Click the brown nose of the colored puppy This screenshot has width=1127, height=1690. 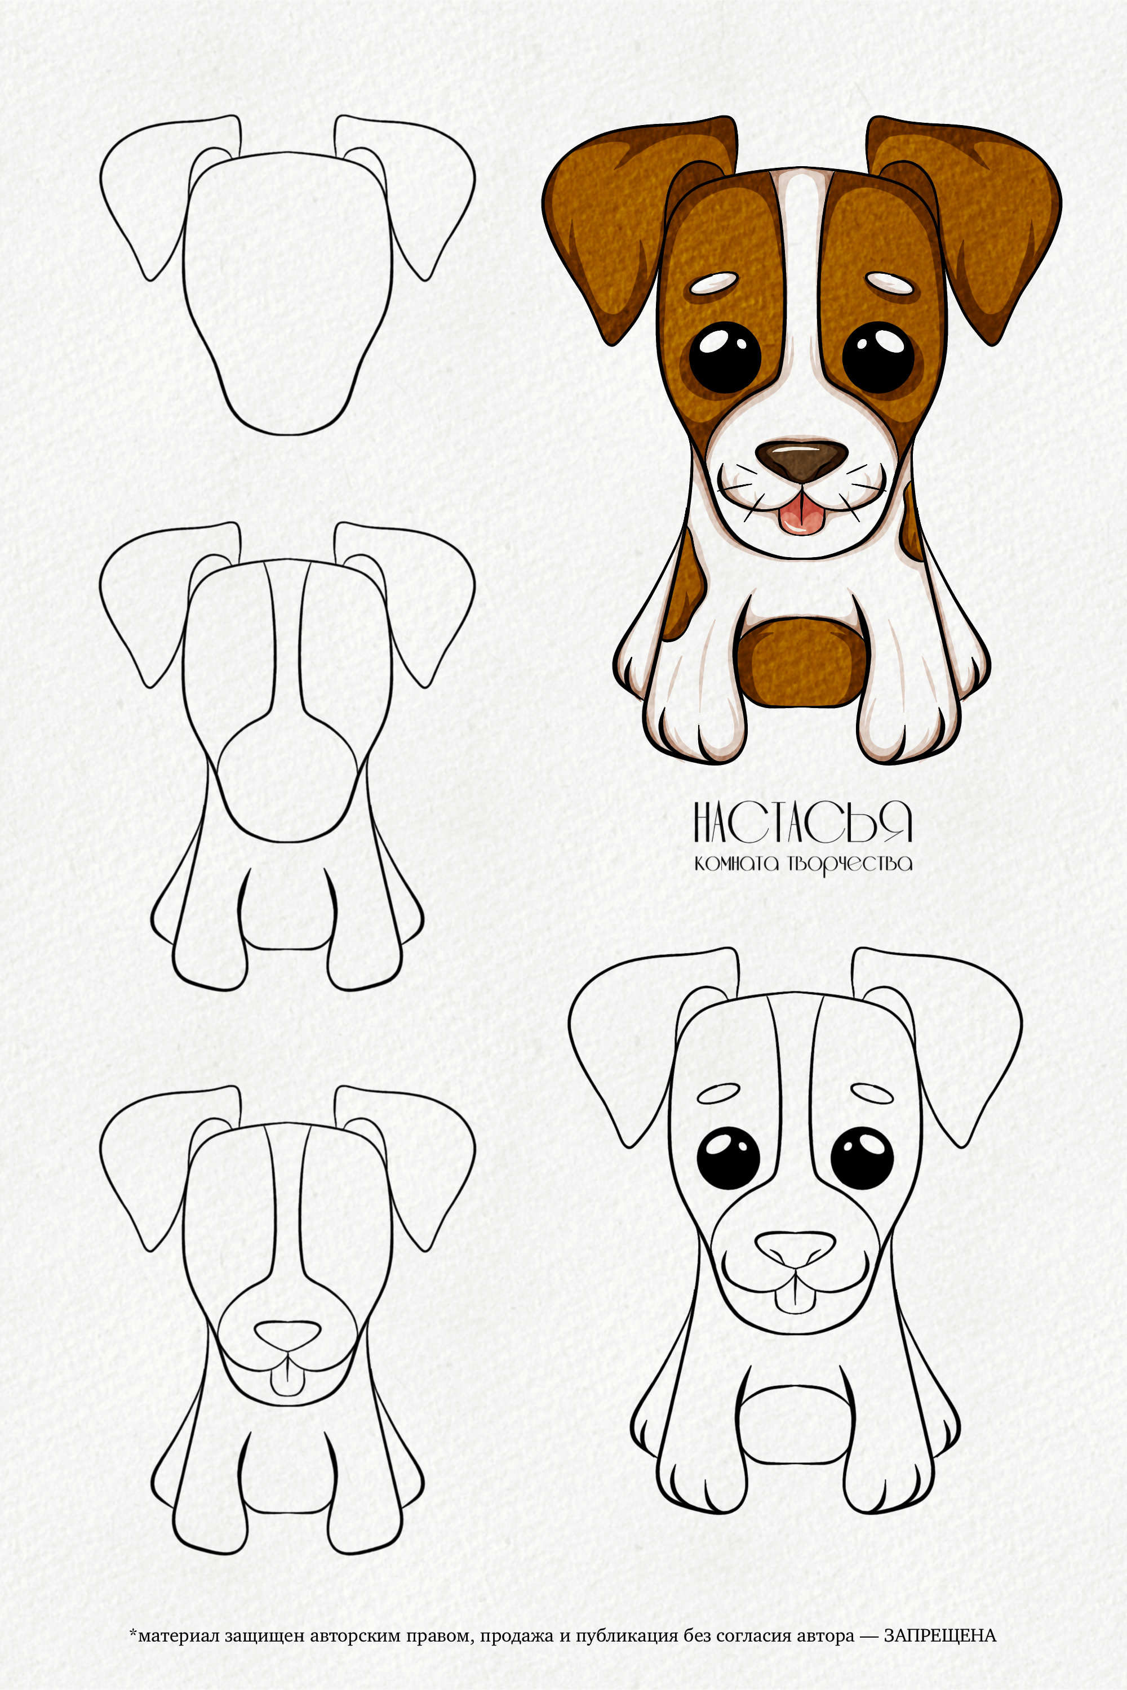click(801, 459)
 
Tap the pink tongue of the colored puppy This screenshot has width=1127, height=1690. click(801, 516)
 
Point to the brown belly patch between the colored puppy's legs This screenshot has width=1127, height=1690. click(801, 660)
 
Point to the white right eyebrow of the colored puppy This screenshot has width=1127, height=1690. click(893, 283)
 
